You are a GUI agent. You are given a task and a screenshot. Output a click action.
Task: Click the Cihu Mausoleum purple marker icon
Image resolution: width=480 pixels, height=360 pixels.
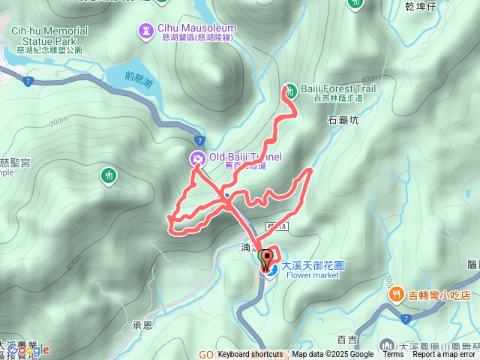pos(145,31)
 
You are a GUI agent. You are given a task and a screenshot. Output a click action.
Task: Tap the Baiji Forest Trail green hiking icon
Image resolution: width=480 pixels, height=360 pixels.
pos(291,89)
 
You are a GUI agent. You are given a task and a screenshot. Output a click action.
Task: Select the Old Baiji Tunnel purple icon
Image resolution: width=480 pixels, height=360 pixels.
pos(197,157)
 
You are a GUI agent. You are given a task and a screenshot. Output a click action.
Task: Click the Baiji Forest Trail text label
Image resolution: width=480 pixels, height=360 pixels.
pos(337,88)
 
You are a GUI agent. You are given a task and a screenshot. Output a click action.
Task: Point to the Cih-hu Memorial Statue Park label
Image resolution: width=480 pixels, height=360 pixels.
pos(49,36)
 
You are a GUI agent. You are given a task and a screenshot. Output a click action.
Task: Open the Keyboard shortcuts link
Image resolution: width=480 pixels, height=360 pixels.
pos(250,355)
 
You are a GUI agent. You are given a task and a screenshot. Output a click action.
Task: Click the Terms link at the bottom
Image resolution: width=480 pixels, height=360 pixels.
pos(393,355)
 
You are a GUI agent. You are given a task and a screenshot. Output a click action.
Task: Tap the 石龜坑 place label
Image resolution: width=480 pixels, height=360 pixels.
pos(343,118)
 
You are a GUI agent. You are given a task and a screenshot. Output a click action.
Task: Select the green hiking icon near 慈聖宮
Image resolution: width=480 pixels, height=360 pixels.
pos(109,175)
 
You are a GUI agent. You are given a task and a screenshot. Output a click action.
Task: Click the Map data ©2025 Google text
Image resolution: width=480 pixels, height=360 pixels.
pos(332,355)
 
